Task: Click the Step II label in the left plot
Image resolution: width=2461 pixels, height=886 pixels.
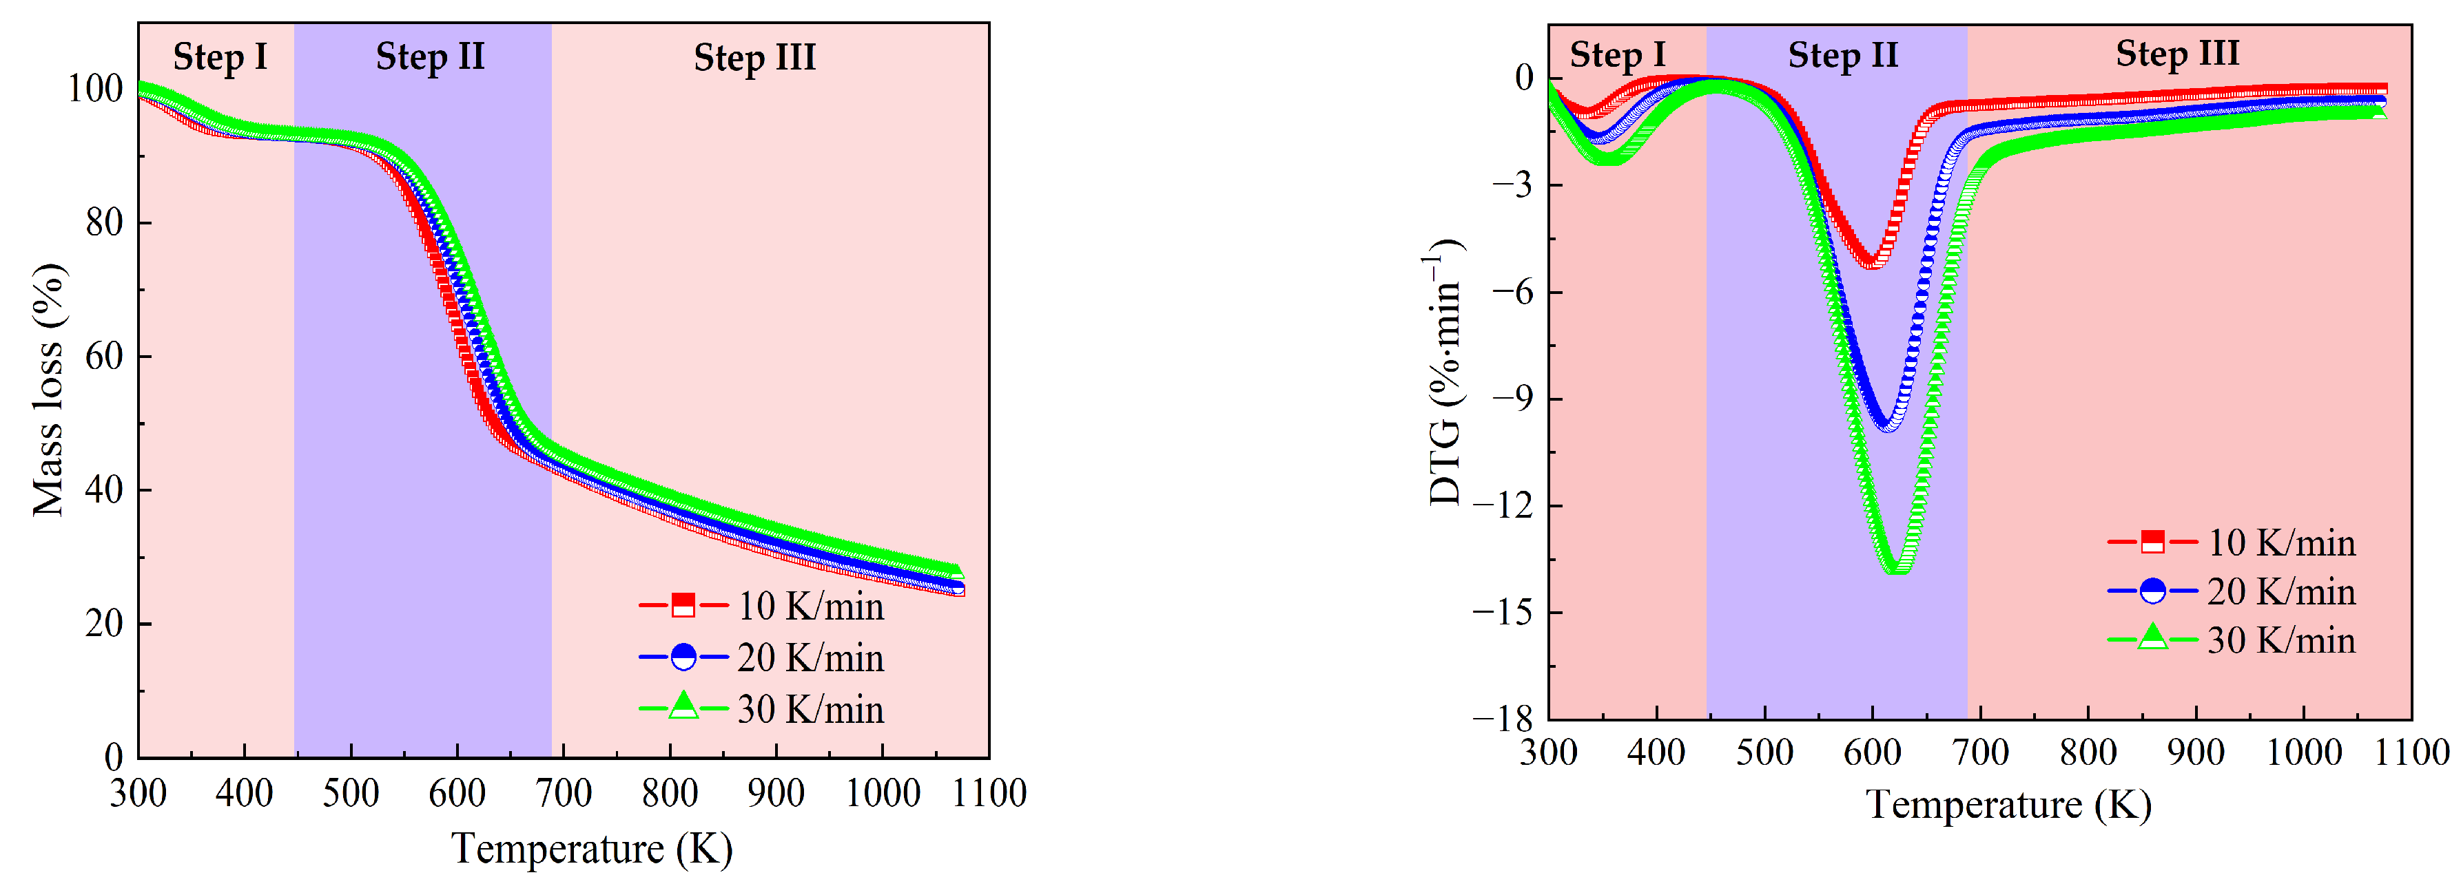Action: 430,56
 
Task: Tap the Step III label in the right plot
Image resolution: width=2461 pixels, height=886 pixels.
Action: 2176,54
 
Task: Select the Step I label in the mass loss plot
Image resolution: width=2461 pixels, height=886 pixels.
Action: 220,56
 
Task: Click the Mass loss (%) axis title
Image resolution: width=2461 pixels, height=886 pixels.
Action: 48,390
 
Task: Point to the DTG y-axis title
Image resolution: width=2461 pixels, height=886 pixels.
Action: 1445,372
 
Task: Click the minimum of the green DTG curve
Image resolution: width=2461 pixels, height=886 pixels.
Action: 1896,570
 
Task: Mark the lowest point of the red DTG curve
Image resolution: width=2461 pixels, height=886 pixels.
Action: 1870,264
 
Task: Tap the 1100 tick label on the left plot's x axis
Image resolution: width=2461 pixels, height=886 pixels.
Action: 989,793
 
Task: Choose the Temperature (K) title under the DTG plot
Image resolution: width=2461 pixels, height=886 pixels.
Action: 2008,805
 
